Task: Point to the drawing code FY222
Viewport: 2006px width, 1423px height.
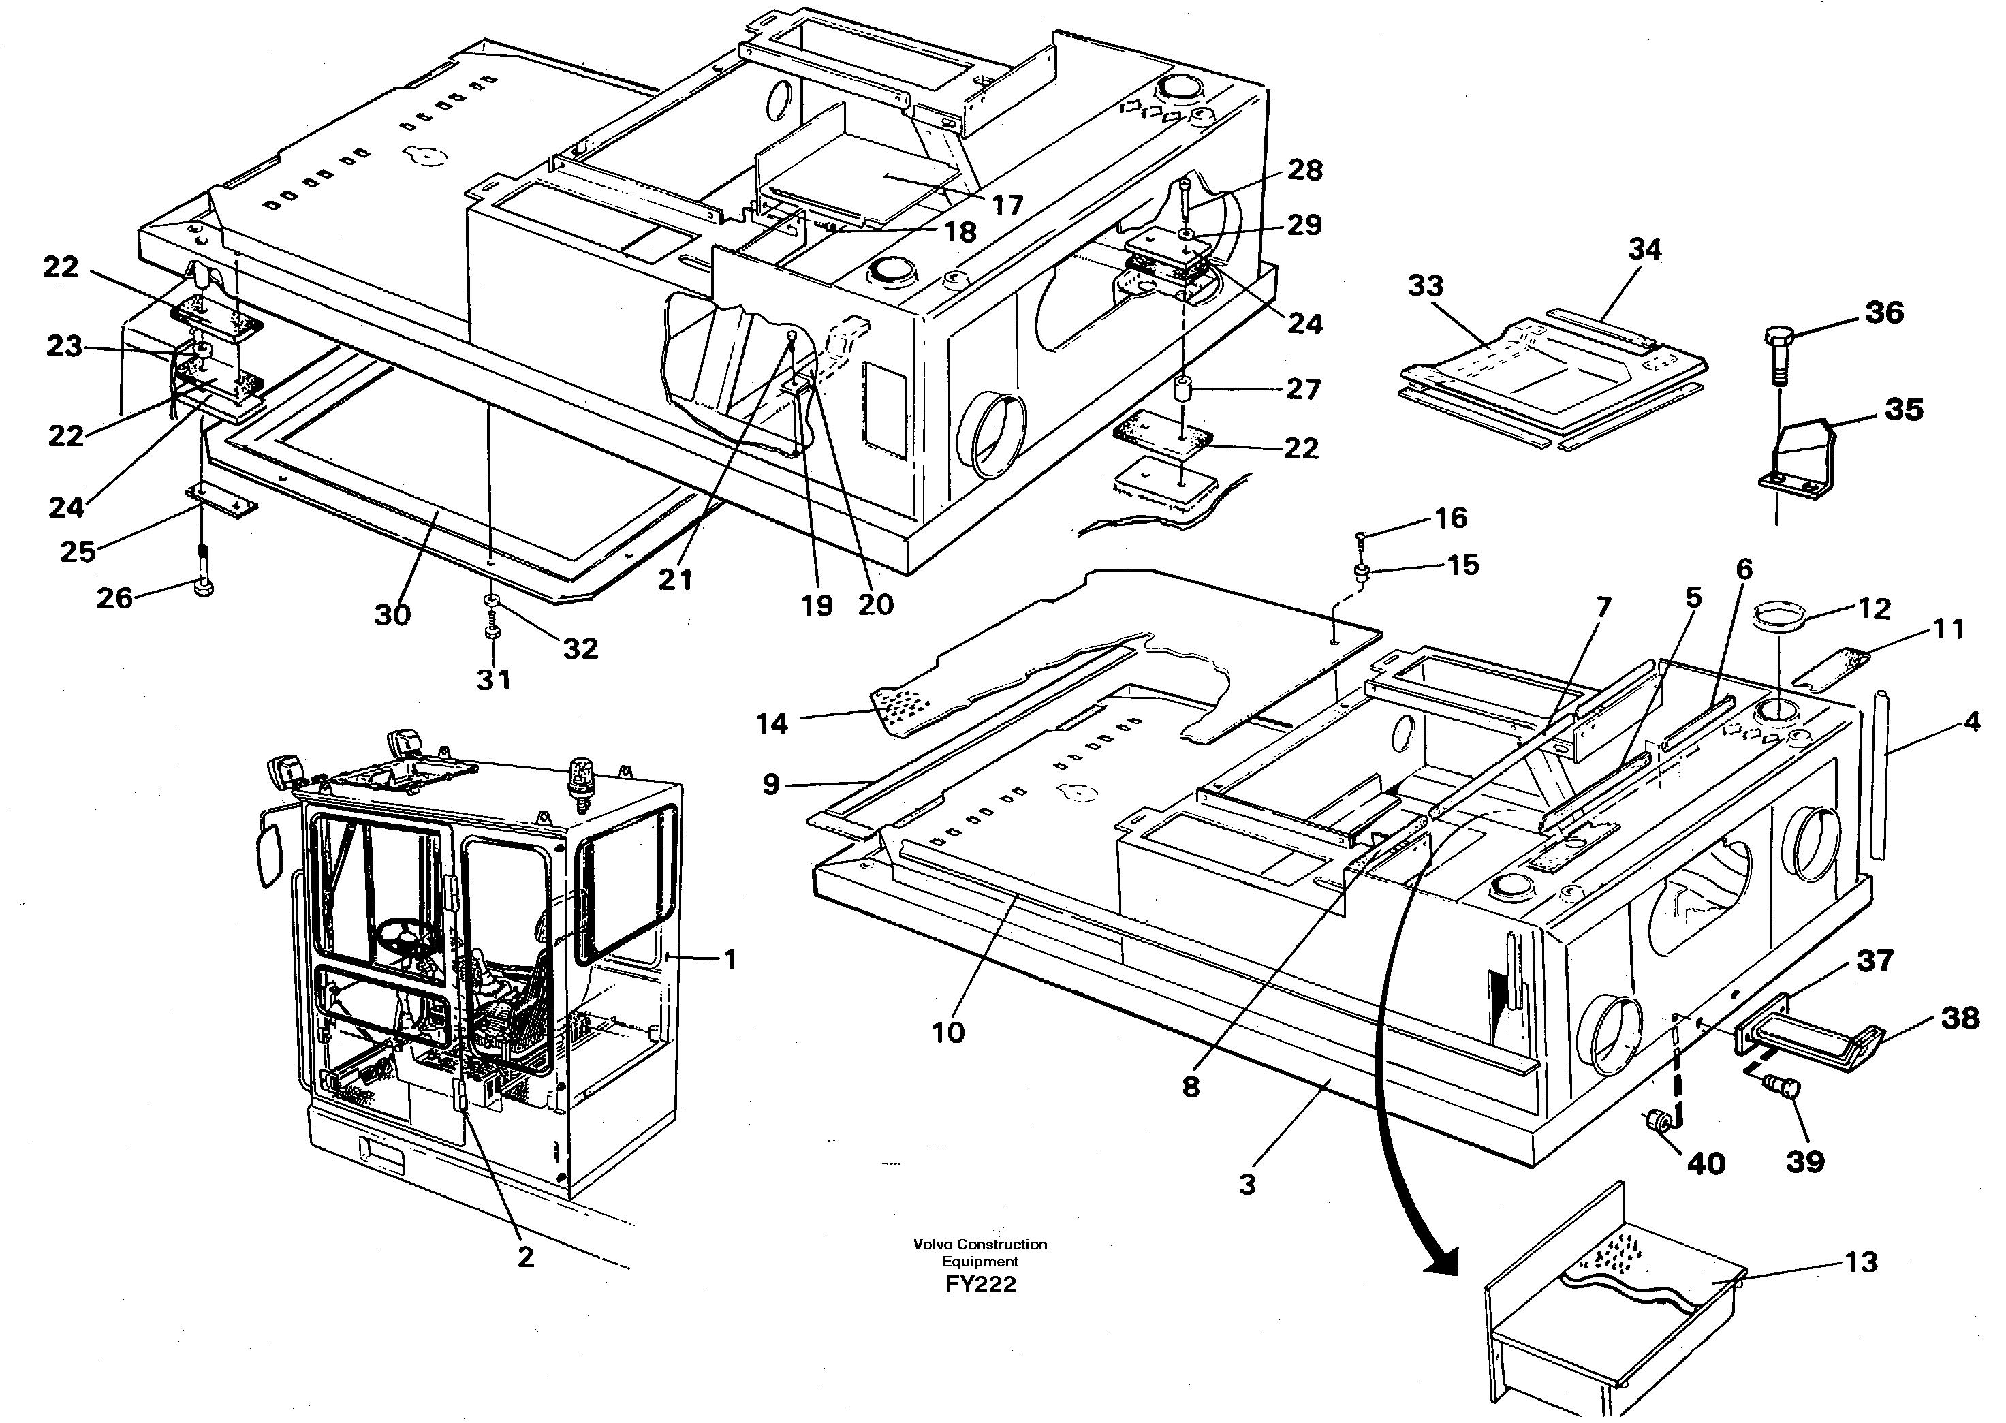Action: (980, 1285)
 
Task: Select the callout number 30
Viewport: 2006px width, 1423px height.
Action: (392, 615)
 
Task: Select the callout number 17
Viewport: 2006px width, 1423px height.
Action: (1007, 205)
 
